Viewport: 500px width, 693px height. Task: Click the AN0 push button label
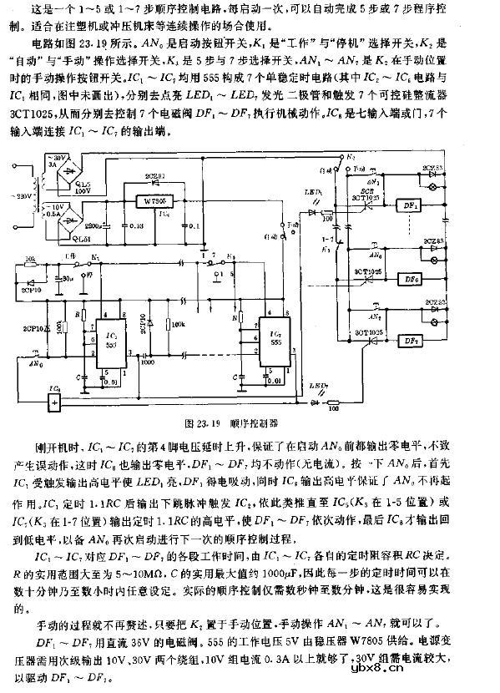point(34,364)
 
